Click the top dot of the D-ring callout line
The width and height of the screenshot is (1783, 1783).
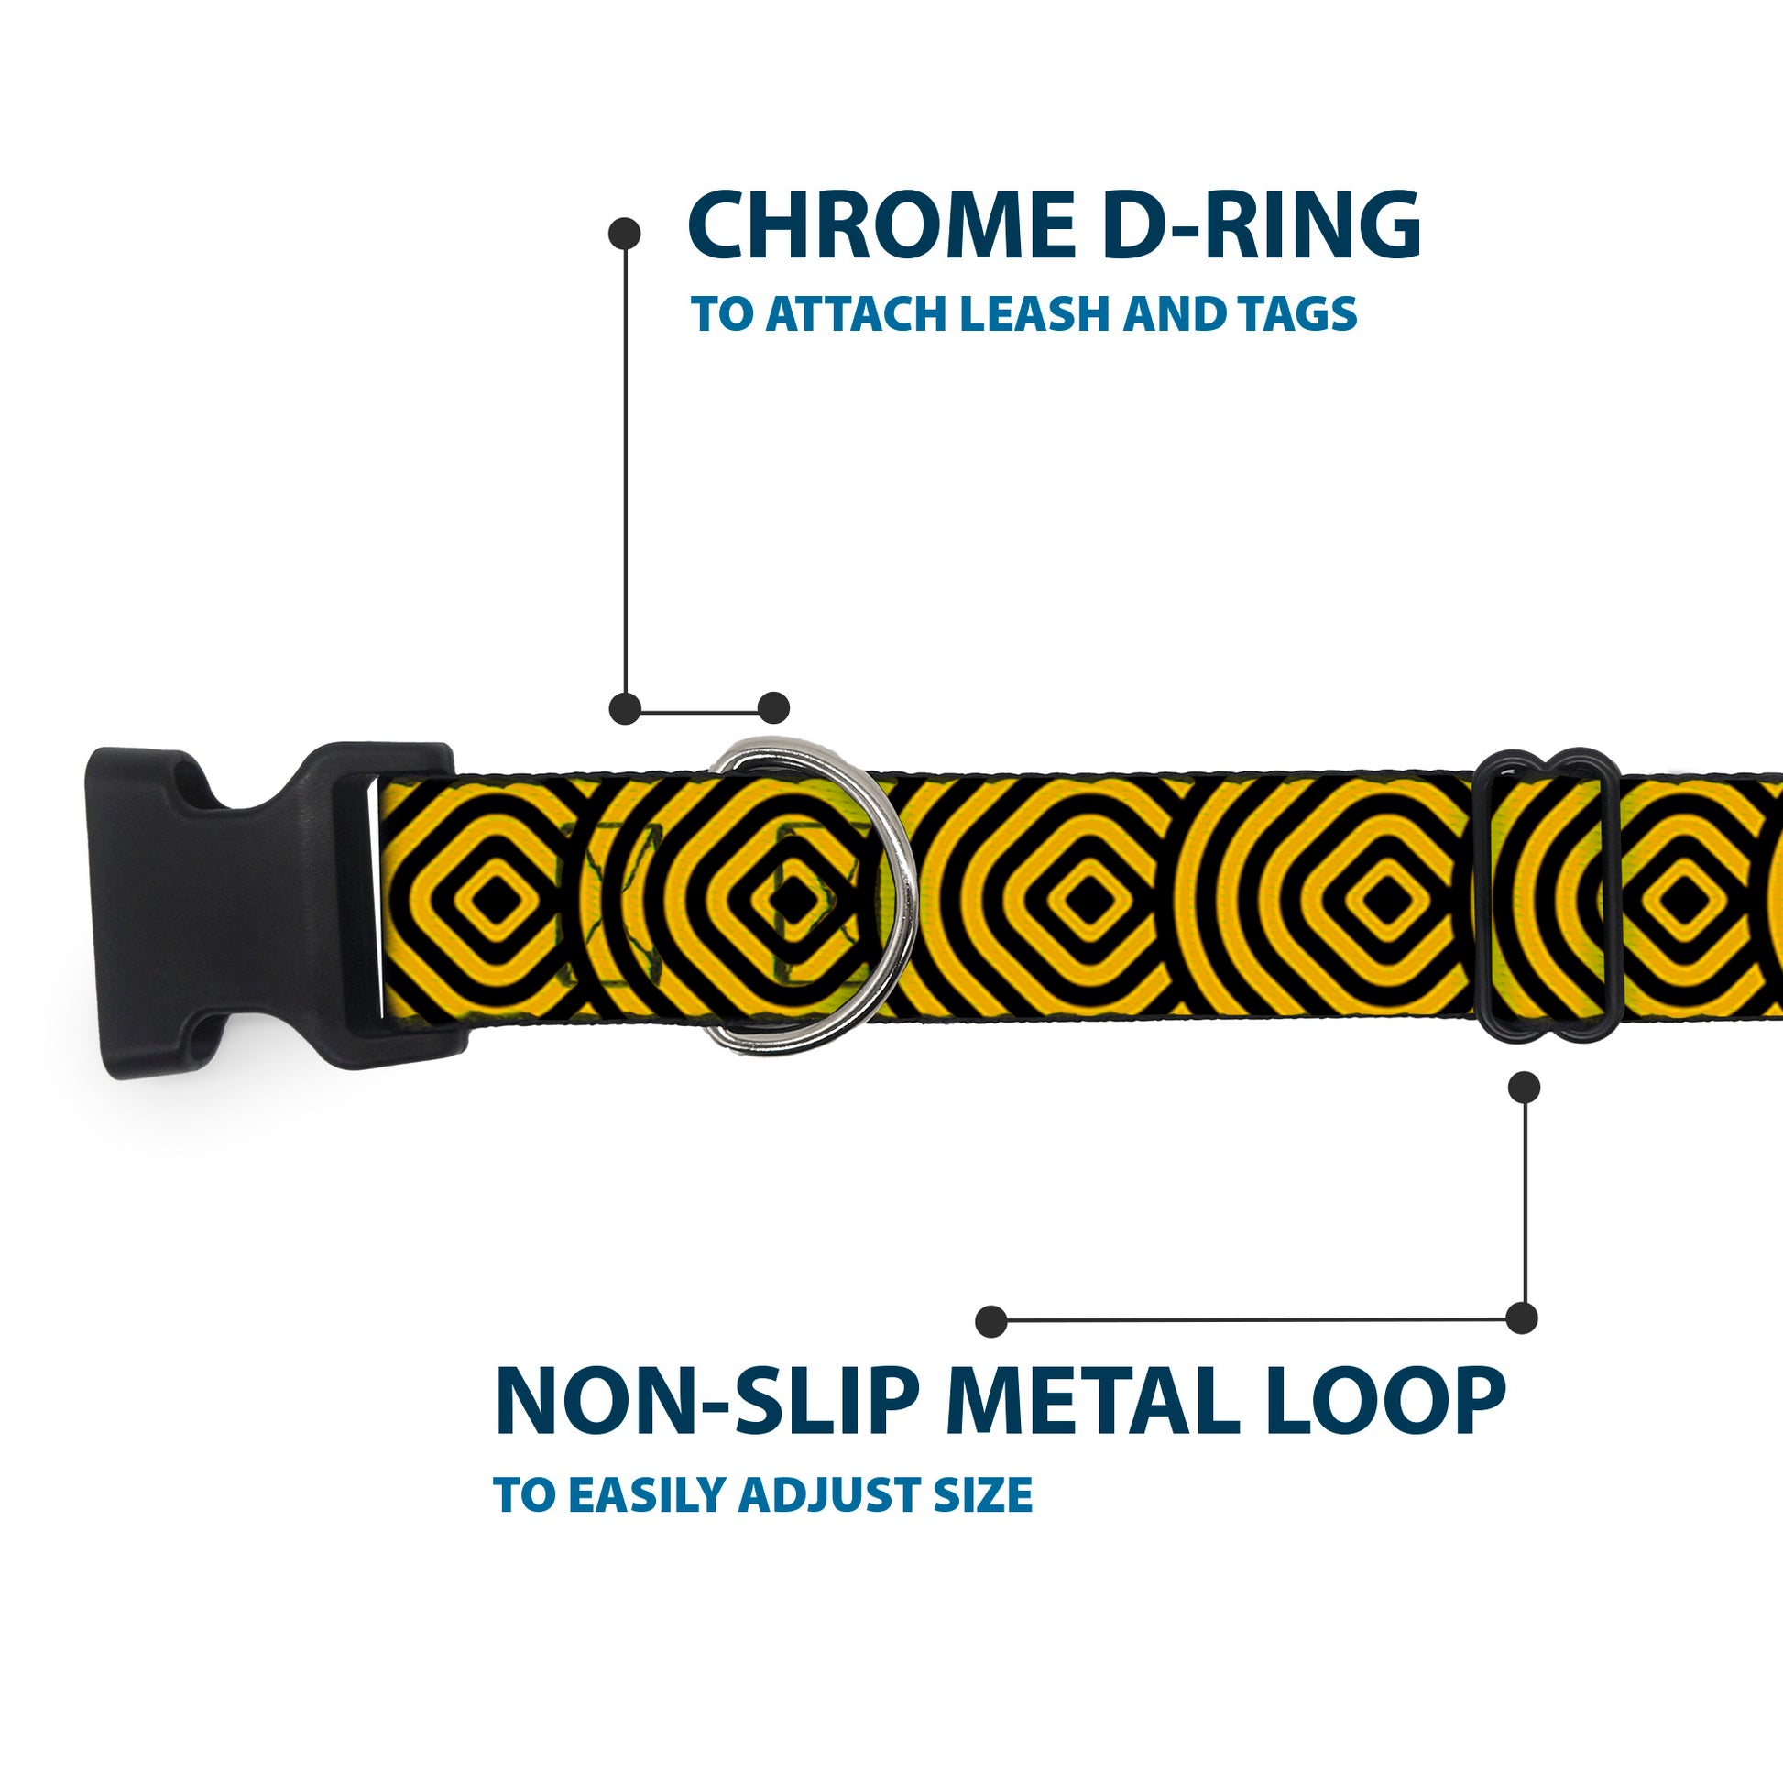[x=625, y=233]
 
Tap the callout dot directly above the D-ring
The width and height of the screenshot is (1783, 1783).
[x=774, y=708]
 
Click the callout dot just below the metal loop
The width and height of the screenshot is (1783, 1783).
[x=1524, y=1088]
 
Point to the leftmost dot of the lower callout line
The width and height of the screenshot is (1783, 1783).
[x=991, y=1320]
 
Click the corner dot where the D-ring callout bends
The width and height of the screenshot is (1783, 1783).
[x=626, y=709]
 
